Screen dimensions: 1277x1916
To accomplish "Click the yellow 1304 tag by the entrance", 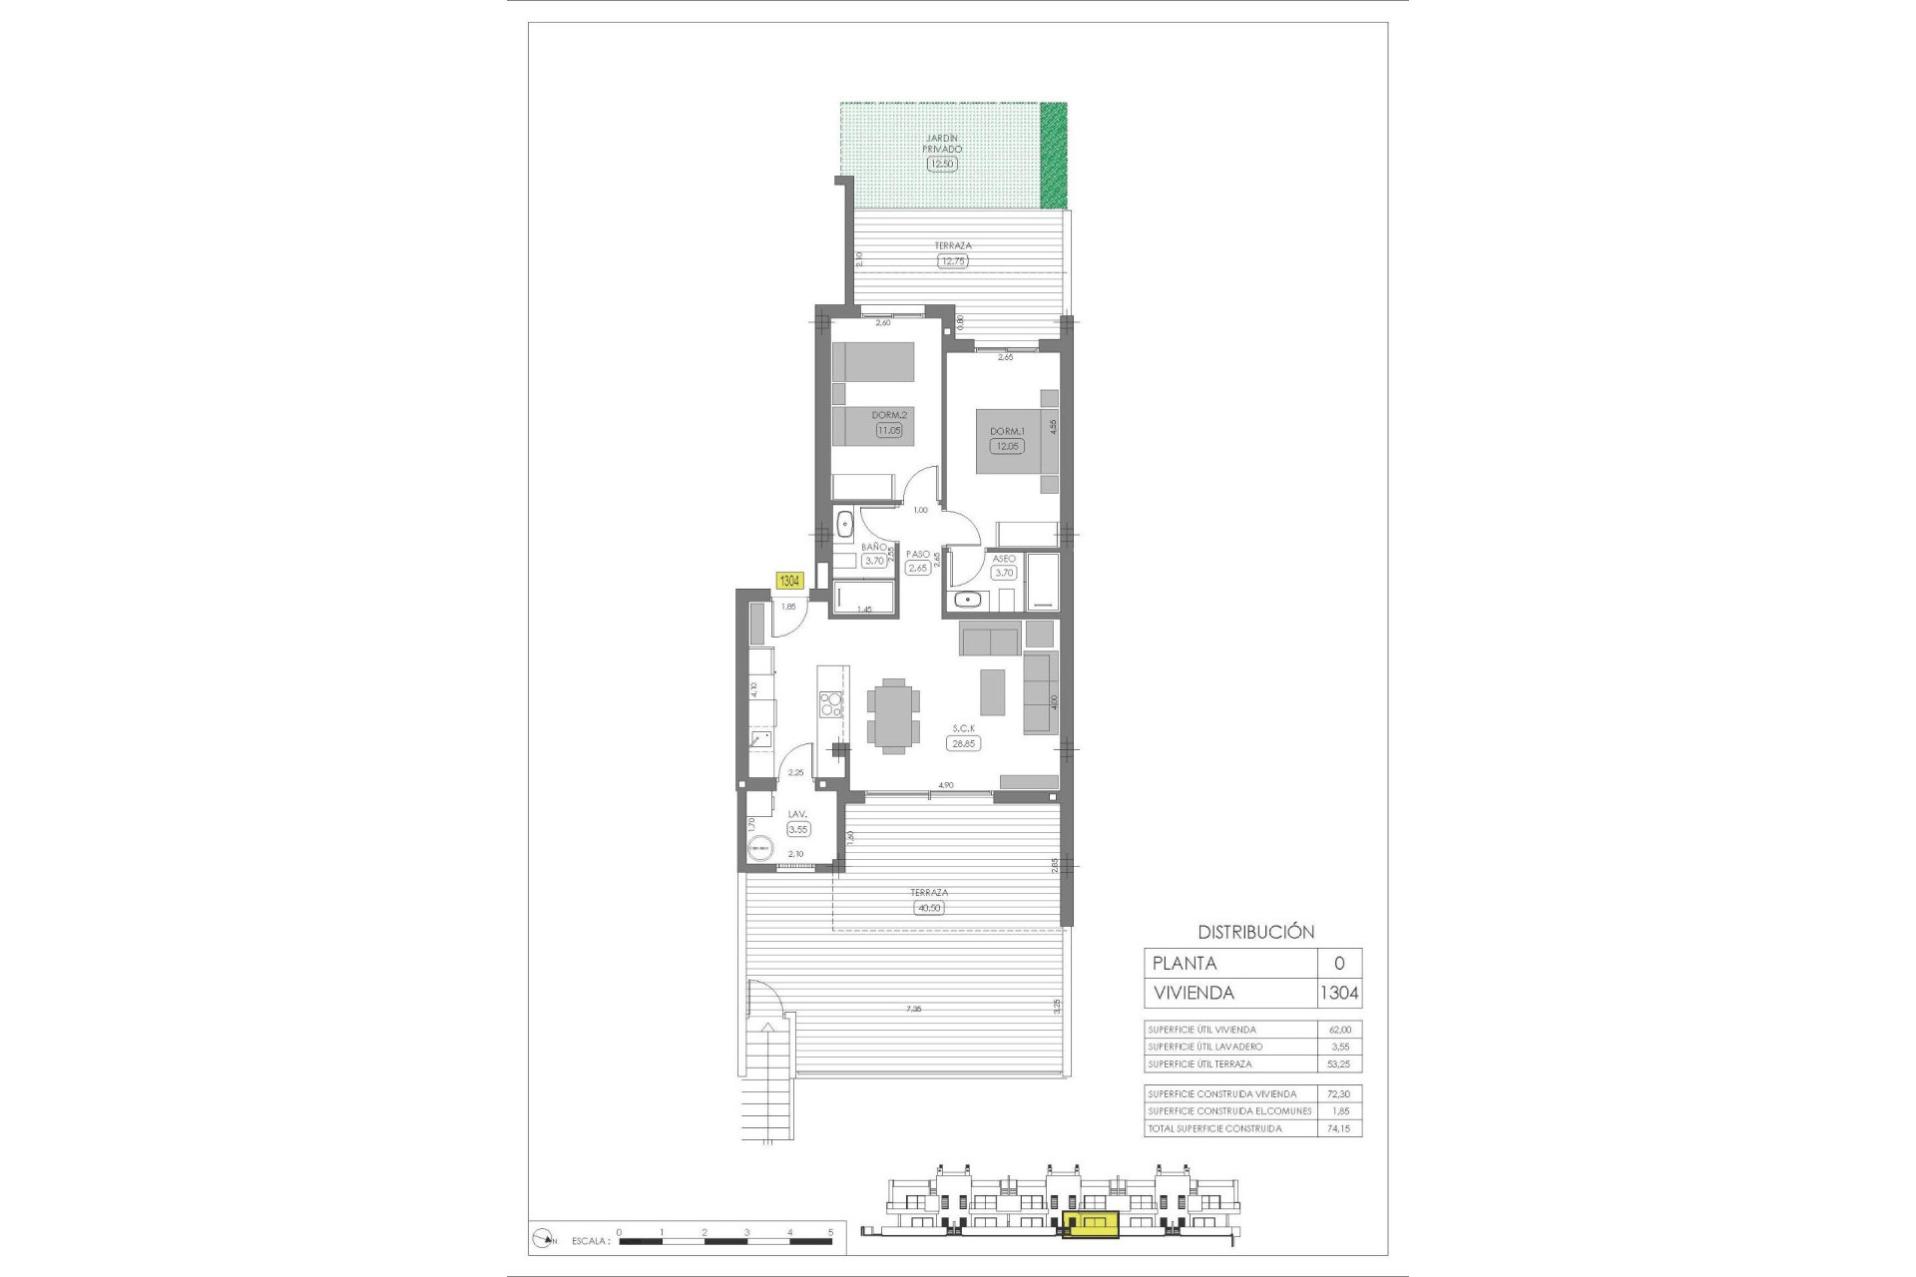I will point(789,581).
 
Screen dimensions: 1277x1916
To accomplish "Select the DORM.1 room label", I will point(1007,432).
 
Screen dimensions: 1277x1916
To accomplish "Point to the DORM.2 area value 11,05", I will point(888,431).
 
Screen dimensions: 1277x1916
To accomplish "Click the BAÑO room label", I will point(874,547).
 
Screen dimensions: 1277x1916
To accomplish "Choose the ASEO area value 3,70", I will point(1003,573).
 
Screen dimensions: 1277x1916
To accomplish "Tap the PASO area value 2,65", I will point(917,568).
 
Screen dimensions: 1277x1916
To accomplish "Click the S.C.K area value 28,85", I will point(963,743).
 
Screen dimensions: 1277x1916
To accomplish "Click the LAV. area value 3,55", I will point(798,829).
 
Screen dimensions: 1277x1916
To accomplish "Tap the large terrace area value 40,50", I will point(928,908).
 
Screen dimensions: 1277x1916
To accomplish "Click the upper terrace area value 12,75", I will point(953,261).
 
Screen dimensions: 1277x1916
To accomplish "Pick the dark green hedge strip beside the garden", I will point(1053,156).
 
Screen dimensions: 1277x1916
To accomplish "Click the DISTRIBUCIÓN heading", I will point(1255,932).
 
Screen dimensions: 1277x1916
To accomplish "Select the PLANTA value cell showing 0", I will point(1339,963).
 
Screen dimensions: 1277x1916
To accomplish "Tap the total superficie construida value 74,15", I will point(1339,1128).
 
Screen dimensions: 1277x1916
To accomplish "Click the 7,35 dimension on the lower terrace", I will point(913,1010).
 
